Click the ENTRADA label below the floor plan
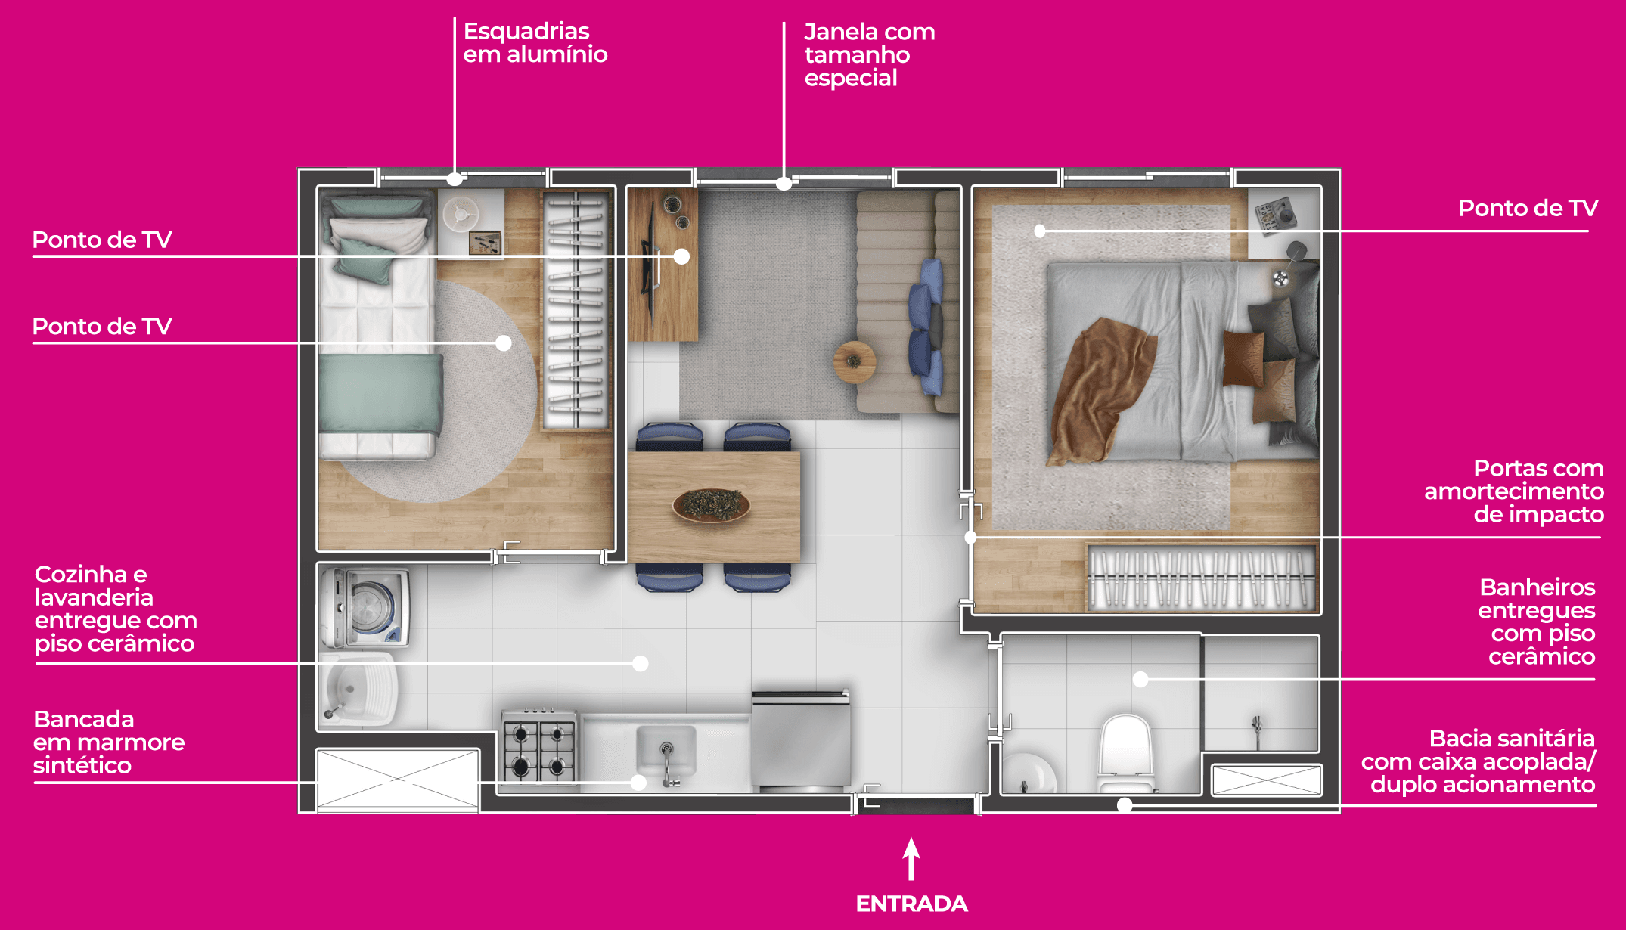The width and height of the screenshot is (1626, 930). click(911, 904)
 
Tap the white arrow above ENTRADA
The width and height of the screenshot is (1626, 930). click(911, 859)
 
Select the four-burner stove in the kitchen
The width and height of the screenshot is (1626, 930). click(538, 747)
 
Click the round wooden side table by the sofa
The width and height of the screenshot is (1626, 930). click(855, 362)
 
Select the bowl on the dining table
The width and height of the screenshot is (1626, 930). click(711, 505)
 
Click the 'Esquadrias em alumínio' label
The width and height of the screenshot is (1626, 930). click(535, 42)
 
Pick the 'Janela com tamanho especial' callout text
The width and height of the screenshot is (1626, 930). click(870, 54)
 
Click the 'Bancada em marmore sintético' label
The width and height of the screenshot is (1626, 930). click(109, 742)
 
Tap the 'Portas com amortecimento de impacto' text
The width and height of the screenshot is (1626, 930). click(1514, 491)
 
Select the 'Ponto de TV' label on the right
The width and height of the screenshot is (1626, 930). click(1528, 208)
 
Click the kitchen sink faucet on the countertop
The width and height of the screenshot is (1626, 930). click(666, 764)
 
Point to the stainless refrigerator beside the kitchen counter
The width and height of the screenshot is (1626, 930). click(801, 739)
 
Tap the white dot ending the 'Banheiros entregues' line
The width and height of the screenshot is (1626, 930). click(1140, 680)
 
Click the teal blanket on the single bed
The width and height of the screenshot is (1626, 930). click(380, 393)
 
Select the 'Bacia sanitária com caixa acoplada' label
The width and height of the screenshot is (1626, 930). click(1479, 761)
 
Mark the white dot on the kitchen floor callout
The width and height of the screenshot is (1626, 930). click(641, 664)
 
